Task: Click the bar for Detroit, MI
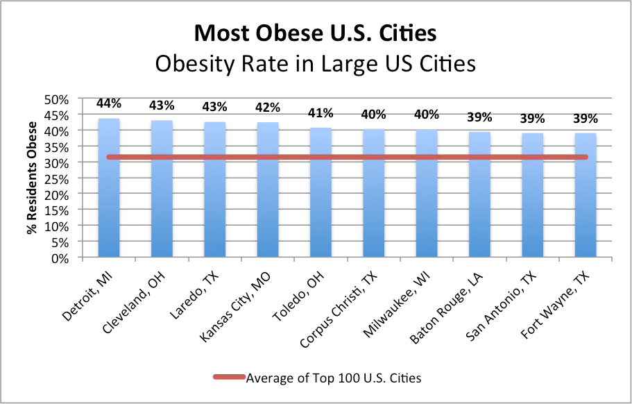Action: coord(109,187)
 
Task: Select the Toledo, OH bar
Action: coord(321,192)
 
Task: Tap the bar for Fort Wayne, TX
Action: coord(586,195)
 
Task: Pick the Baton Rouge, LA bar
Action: coord(479,194)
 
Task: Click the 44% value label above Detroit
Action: coord(109,103)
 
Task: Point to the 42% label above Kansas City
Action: coord(268,108)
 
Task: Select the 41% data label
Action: coord(321,113)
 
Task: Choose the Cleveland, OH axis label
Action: coord(133,303)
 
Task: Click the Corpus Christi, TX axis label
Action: coord(339,310)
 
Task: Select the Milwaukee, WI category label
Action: coord(397,304)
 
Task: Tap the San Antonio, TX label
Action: coord(501,306)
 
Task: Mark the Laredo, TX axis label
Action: coord(194,296)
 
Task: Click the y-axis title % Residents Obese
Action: coord(31,178)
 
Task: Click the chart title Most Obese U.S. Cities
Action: coord(316,33)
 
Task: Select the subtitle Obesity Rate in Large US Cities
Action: coord(316,64)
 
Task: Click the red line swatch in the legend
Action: coord(229,377)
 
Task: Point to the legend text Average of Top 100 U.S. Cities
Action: coord(334,378)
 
